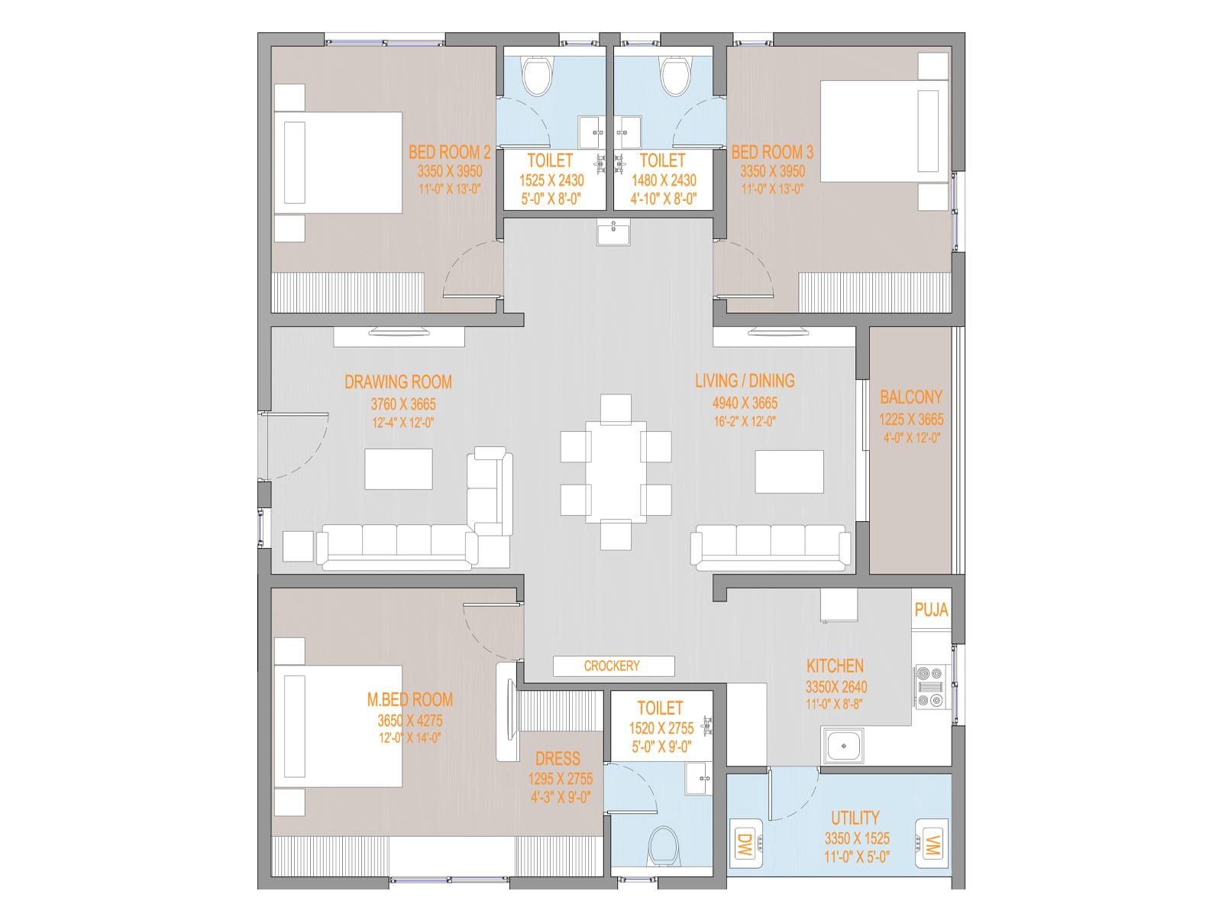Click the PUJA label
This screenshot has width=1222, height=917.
click(x=931, y=610)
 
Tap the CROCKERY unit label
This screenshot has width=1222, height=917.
click(x=612, y=666)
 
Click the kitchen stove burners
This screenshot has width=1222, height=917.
click(x=929, y=686)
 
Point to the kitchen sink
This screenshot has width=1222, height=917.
click(x=843, y=746)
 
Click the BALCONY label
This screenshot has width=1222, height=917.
click(x=911, y=397)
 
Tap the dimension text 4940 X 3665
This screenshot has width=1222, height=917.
click(x=745, y=403)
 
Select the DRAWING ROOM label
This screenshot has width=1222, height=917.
click(x=398, y=382)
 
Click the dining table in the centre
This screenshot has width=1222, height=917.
click(x=615, y=471)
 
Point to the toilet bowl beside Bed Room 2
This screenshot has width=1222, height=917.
click(x=537, y=76)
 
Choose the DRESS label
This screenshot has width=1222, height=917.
click(x=558, y=758)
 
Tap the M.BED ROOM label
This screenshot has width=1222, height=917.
click(x=409, y=699)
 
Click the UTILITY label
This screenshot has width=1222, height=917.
click(x=855, y=818)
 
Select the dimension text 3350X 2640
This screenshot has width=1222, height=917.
click(x=836, y=687)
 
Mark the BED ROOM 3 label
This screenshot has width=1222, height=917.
click(x=772, y=152)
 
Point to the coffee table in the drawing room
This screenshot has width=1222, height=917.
click(x=399, y=468)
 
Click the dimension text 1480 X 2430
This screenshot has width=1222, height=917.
click(x=664, y=180)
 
